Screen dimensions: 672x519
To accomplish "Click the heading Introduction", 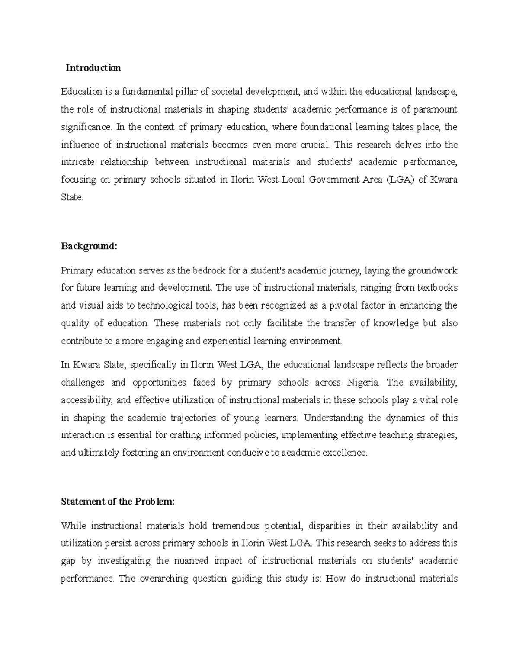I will click(x=93, y=68).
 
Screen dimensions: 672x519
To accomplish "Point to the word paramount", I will click(x=435, y=109).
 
